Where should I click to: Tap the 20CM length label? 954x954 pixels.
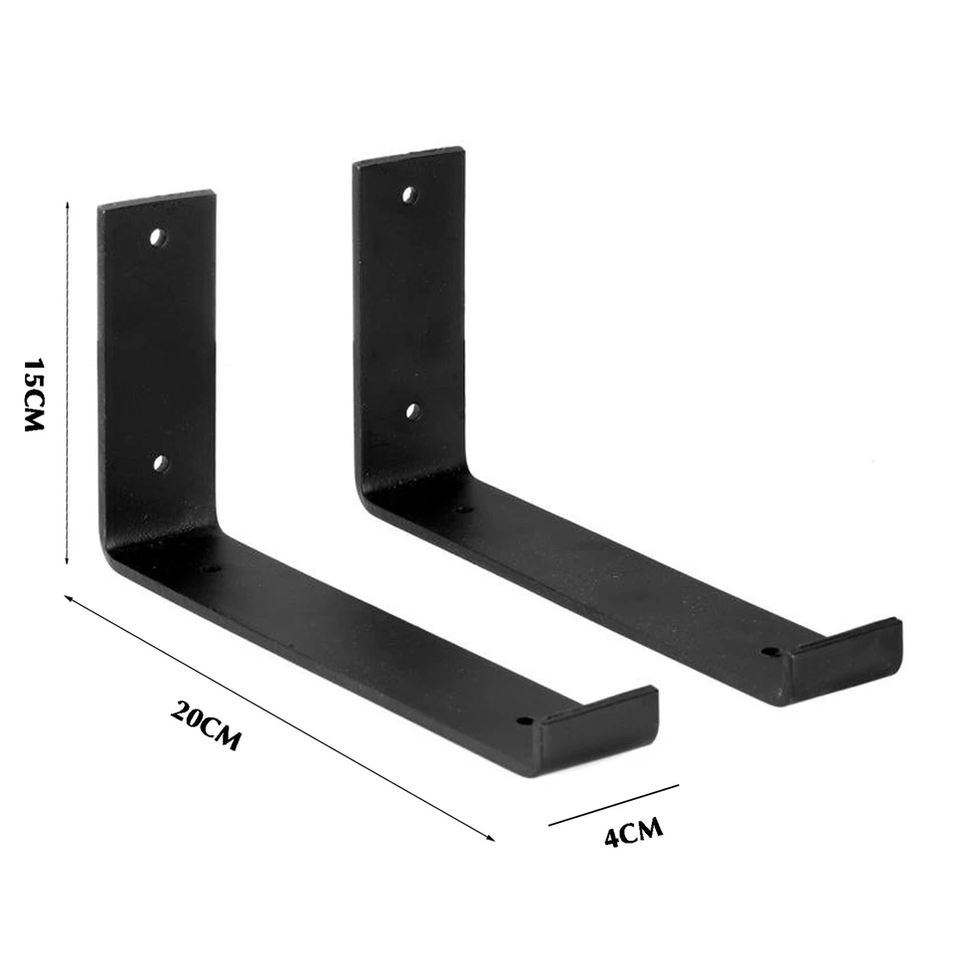coord(206,725)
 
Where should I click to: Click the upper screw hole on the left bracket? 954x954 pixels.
coord(156,238)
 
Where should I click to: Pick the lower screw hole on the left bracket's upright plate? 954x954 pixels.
coord(160,463)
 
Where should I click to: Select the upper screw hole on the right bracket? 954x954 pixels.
coord(408,194)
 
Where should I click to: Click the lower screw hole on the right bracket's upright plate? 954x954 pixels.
coord(413,409)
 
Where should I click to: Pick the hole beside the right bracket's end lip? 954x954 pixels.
coord(769,653)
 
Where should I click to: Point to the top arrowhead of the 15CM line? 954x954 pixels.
coord(67,202)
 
